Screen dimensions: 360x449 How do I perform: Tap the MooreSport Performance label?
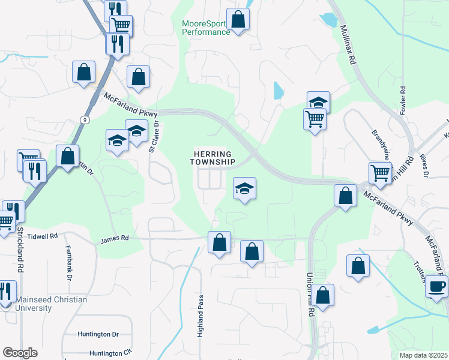click(206, 28)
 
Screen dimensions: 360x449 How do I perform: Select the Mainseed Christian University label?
click(51, 304)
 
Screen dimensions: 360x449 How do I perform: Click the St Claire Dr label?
click(154, 137)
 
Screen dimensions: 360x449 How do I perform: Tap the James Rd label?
click(115, 238)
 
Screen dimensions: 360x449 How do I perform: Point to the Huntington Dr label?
click(98, 334)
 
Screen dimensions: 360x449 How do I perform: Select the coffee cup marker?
click(437, 286)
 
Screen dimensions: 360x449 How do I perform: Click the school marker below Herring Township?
click(244, 189)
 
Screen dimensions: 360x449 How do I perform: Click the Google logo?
click(20, 353)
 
